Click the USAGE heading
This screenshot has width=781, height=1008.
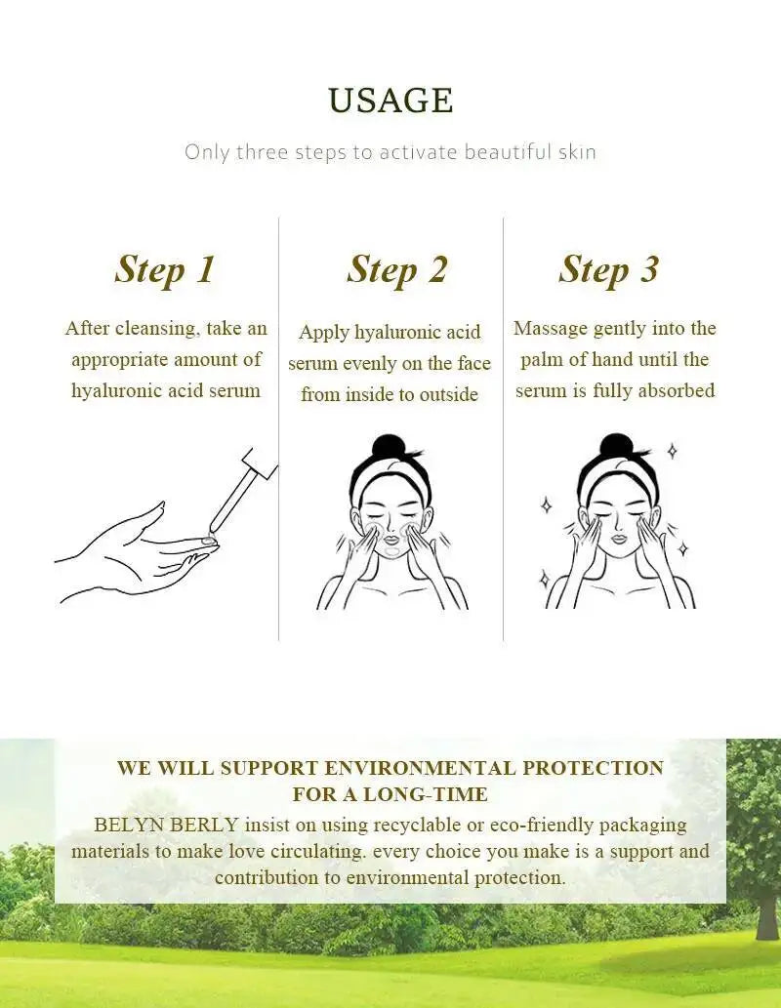tap(390, 101)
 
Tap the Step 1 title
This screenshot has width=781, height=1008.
tap(164, 269)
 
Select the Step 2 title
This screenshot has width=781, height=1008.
tap(396, 269)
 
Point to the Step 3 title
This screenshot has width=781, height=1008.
tap(608, 269)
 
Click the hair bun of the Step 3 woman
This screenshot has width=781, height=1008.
tap(616, 448)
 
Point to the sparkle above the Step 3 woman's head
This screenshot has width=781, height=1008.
tap(672, 451)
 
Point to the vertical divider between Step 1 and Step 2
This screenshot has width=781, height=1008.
tap(279, 429)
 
